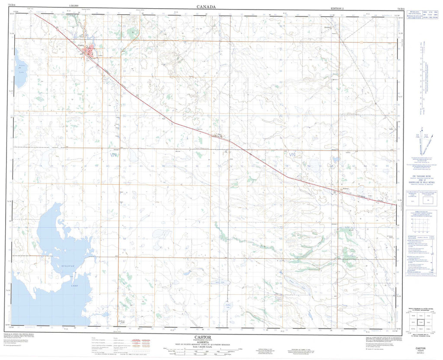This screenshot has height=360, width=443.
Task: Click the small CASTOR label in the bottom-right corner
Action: pyautogui.click(x=420, y=348)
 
